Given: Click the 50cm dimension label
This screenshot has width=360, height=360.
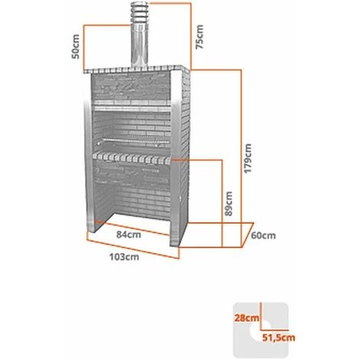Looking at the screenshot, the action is pyautogui.click(x=76, y=47).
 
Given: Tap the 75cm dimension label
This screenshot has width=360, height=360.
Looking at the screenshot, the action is pyautogui.click(x=199, y=37).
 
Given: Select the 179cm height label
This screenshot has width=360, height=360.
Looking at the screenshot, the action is pyautogui.click(x=247, y=159).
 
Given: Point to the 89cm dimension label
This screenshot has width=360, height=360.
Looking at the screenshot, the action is pyautogui.click(x=229, y=203).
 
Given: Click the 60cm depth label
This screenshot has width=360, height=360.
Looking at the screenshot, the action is pyautogui.click(x=263, y=235).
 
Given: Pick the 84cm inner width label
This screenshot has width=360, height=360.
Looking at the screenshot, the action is pyautogui.click(x=129, y=234).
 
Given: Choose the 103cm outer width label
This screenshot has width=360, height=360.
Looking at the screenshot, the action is pyautogui.click(x=124, y=257).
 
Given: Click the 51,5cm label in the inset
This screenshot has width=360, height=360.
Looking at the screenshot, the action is pyautogui.click(x=279, y=338).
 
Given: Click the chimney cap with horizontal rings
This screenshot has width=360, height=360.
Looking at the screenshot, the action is pyautogui.click(x=139, y=12).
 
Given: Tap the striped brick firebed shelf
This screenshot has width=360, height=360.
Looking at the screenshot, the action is pyautogui.click(x=132, y=158).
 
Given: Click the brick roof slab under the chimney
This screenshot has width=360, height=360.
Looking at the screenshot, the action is pyautogui.click(x=136, y=70).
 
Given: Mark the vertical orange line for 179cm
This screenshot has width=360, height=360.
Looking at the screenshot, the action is pyautogui.click(x=241, y=159).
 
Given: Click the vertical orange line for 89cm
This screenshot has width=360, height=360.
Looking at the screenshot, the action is pyautogui.click(x=222, y=203).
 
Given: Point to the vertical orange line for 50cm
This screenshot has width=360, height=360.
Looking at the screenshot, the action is pyautogui.click(x=84, y=47).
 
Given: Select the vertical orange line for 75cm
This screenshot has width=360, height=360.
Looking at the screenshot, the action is pyautogui.click(x=191, y=36).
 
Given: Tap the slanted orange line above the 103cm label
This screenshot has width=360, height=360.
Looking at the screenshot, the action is pyautogui.click(x=133, y=249).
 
